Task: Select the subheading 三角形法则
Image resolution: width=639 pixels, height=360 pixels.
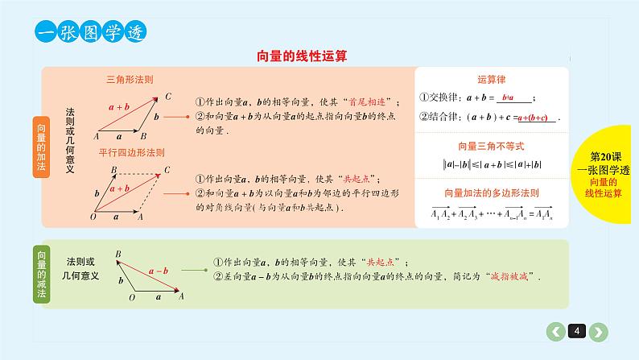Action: pyautogui.click(x=130, y=80)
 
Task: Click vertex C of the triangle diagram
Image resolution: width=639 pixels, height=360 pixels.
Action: pyautogui.click(x=167, y=97)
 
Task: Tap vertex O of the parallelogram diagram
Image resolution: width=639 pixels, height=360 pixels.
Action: pyautogui.click(x=94, y=217)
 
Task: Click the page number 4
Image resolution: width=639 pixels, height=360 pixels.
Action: pyautogui.click(x=577, y=330)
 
